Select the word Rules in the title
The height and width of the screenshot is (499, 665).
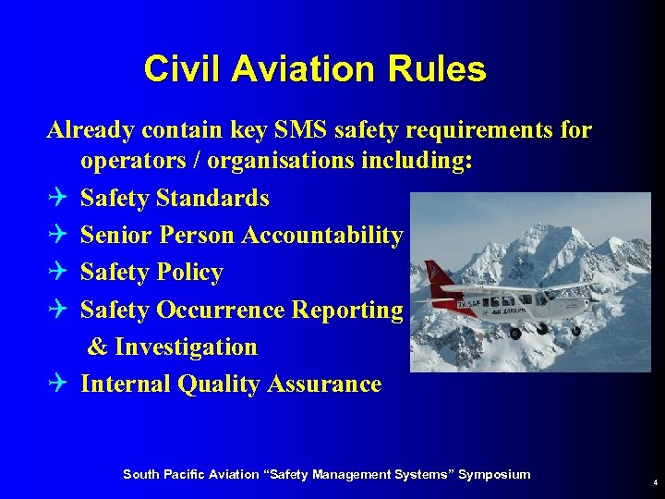[439, 69]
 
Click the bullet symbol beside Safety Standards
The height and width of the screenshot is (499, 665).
[57, 199]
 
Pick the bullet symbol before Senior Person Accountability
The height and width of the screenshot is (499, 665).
[57, 236]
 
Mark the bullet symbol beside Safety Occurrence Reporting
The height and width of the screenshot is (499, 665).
[57, 310]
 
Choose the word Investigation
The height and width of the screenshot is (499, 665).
[186, 347]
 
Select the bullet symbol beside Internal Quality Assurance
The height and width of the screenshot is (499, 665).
[57, 384]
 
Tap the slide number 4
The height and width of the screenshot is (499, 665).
[654, 482]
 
